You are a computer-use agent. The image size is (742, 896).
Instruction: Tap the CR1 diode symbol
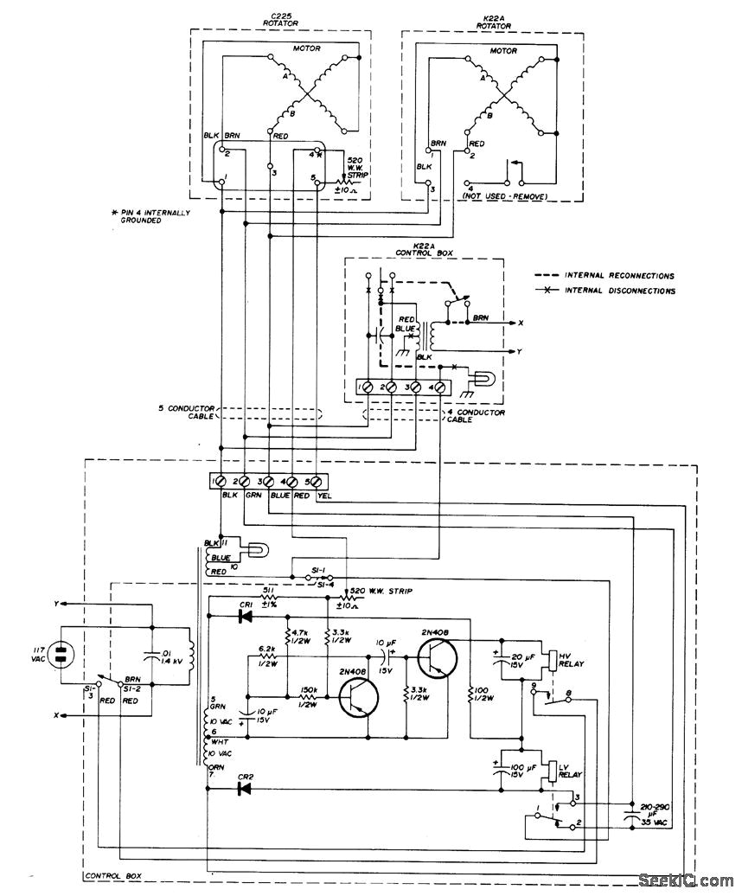246,618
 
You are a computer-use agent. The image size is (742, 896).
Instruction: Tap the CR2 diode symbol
245,788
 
